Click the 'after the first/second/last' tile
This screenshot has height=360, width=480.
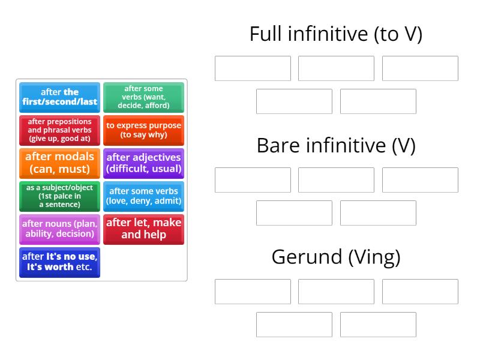[59, 97]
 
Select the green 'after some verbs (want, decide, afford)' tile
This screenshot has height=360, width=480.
[143, 97]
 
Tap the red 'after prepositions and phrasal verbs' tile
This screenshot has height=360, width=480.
[59, 130]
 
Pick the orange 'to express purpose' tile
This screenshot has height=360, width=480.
[143, 130]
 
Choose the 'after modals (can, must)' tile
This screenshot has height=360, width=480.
[59, 163]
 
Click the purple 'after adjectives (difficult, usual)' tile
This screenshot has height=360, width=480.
[143, 163]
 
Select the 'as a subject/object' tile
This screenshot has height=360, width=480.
[59, 196]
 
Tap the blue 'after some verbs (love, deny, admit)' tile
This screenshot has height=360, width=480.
[143, 196]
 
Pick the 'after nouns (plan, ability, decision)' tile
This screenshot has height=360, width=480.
[59, 229]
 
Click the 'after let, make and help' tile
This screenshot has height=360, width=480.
[143, 229]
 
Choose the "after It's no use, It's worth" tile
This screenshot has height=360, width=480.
[59, 262]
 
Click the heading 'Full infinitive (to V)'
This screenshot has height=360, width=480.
[336, 34]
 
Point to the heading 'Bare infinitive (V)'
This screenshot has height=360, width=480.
[336, 146]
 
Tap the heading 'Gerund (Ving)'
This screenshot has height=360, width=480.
[336, 257]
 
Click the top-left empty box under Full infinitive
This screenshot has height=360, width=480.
[253, 68]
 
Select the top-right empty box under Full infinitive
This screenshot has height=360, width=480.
[420, 68]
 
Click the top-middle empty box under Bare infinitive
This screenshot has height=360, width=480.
[336, 180]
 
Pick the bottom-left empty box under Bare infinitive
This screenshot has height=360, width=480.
[294, 213]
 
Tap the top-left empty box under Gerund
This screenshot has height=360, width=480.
[253, 292]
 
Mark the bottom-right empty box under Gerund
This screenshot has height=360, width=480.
[378, 325]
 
